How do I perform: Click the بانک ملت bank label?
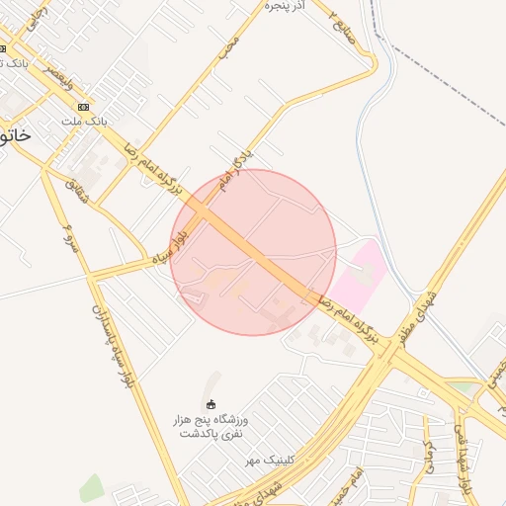[x=84, y=121]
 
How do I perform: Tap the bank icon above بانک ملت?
[x=83, y=107]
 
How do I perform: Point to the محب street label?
[x=229, y=45]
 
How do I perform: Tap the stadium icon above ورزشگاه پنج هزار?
[x=210, y=403]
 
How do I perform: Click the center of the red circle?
[x=253, y=252]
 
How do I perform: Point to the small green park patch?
[x=91, y=487]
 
